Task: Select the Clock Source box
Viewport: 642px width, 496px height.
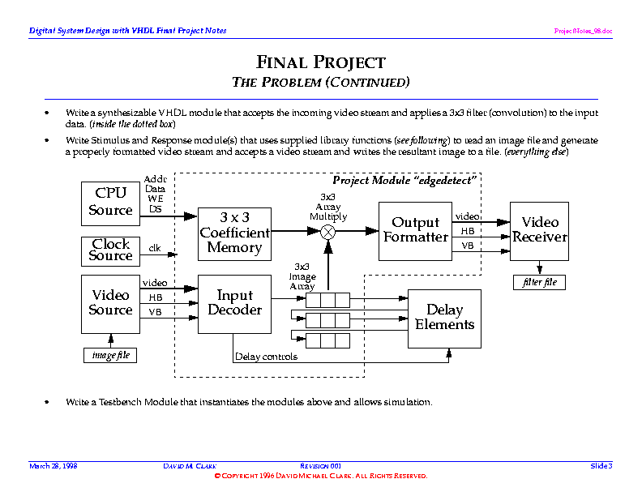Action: [x=111, y=250]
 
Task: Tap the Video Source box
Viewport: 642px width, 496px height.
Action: [x=111, y=303]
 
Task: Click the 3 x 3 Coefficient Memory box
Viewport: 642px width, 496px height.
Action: [x=234, y=233]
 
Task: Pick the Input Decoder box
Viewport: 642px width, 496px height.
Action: [x=234, y=303]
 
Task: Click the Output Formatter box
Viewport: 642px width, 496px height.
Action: [x=415, y=230]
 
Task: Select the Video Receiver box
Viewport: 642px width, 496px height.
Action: [x=539, y=230]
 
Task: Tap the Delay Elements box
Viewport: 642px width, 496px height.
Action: [x=444, y=317]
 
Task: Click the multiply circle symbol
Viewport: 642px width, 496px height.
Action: [x=328, y=232]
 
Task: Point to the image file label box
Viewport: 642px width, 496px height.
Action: [x=111, y=356]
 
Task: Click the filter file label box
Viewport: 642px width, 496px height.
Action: [x=539, y=283]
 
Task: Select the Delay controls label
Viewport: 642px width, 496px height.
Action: [x=266, y=357]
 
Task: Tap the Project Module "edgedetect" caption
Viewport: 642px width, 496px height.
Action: [x=404, y=180]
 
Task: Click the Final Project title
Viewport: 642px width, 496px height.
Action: [x=321, y=62]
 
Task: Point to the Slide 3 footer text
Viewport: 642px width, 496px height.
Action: [x=601, y=465]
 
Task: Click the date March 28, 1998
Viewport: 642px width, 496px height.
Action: [x=53, y=465]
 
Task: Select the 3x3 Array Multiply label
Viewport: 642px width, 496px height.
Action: [x=328, y=207]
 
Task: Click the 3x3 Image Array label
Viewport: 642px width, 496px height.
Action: [x=302, y=276]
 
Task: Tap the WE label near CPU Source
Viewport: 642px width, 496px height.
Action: [x=154, y=198]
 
